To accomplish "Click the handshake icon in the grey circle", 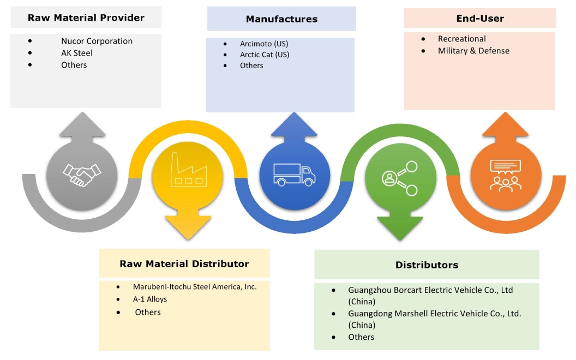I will point(82,174).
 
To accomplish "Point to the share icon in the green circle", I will point(400,178).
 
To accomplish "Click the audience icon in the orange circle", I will point(505,175).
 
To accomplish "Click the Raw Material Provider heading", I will point(86,17).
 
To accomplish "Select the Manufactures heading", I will point(281,19).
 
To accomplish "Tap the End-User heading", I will point(480,18).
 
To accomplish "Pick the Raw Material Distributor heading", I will point(184,264).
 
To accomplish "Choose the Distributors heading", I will point(427,265).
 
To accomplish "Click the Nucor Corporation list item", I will point(97,41).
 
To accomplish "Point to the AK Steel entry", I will point(77,53).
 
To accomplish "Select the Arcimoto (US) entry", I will point(265,43).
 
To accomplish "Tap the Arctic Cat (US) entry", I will point(265,55).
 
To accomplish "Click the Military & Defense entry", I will point(473,51).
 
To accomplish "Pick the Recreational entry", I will point(461,39).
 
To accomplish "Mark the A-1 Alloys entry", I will point(150,299).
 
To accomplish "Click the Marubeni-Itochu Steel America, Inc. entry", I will point(195,286).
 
